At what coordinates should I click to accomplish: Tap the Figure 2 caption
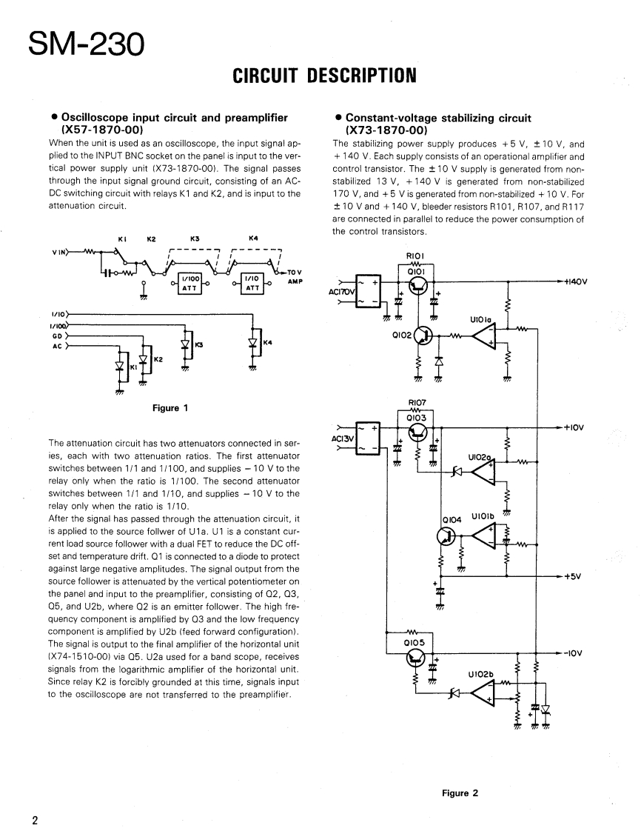460,793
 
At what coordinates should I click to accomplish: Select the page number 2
35,820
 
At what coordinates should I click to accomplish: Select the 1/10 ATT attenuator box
252,284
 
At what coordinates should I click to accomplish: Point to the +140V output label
575,281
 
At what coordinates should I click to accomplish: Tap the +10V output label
574,427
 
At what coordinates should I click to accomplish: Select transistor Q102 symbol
423,337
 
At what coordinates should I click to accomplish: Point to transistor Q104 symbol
444,535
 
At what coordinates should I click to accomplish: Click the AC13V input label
341,438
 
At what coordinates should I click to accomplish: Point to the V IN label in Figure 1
59,252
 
